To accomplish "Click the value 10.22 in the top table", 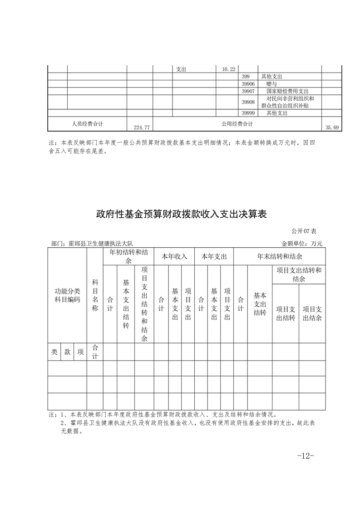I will click(x=228, y=69).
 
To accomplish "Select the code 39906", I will click(x=248, y=84).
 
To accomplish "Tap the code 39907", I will click(x=248, y=91).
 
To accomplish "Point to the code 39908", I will click(x=248, y=102).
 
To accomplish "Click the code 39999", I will click(x=248, y=113).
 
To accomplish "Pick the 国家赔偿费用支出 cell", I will click(x=287, y=91).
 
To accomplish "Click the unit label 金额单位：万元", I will click(x=301, y=244).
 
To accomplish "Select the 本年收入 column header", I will click(x=174, y=256).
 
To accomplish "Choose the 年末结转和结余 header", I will click(x=279, y=256).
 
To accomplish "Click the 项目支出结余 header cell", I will click(x=312, y=313).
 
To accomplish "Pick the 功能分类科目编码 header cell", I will click(x=67, y=295).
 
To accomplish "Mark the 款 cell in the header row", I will click(x=67, y=352).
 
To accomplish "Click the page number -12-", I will click(x=305, y=455).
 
